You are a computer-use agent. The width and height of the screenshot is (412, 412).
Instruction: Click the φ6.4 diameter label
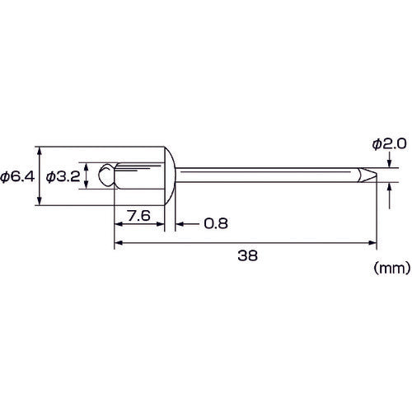coord(17,176)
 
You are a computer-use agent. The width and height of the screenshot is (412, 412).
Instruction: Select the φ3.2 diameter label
coord(63,176)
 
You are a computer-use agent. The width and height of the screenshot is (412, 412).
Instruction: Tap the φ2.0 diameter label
coord(389,144)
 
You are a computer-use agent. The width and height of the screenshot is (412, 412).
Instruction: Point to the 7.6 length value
coord(139,216)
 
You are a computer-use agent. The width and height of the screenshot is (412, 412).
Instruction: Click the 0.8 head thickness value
coord(216,223)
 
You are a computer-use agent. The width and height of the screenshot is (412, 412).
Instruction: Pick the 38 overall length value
coord(247,255)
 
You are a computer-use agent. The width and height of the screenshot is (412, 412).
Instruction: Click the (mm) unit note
coord(392,268)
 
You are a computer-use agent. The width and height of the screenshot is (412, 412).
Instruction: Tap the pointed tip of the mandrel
coord(376,175)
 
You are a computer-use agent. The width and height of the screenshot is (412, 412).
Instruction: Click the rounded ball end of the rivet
coord(105,176)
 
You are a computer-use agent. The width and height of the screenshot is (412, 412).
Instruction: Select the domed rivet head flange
coord(171,176)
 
